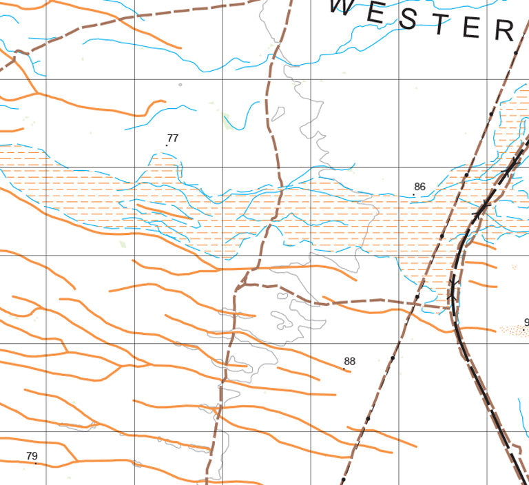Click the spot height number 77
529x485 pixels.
[173, 138]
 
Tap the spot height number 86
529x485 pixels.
[420, 187]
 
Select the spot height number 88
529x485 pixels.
[350, 361]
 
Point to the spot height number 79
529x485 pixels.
[32, 456]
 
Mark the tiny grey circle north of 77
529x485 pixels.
[180, 85]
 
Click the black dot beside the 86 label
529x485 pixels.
[413, 195]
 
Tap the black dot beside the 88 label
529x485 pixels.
[344, 369]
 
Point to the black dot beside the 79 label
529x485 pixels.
[36, 463]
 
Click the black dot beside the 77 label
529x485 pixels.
[167, 145]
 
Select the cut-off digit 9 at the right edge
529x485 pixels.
[526, 322]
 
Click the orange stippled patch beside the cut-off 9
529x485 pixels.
[512, 330]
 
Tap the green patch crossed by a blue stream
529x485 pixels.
[230, 121]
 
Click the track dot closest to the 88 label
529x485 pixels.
[392, 358]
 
